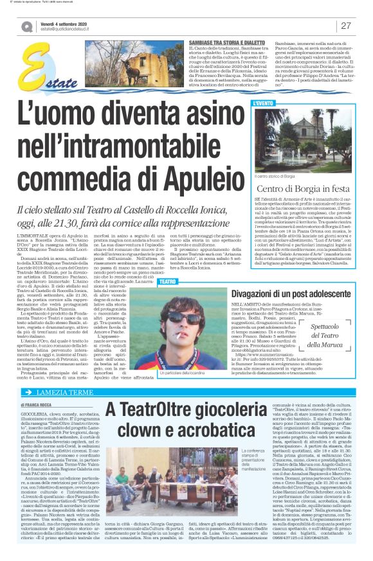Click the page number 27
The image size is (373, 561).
(x=345, y=26)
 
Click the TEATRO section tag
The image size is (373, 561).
(x=167, y=281)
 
